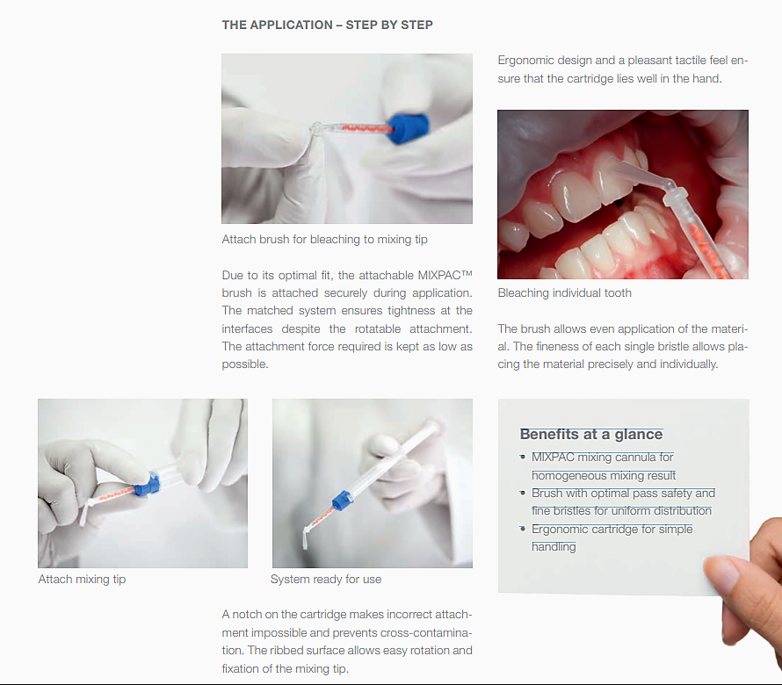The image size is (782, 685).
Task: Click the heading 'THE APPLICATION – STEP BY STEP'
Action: (327, 25)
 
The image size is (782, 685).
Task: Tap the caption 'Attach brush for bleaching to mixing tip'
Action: (324, 239)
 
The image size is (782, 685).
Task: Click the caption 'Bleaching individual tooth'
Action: (564, 292)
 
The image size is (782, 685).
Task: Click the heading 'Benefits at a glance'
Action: (590, 434)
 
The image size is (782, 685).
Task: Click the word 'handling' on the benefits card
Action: (554, 546)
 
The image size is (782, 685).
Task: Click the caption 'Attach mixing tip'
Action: (82, 580)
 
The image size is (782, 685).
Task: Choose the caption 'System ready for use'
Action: (325, 580)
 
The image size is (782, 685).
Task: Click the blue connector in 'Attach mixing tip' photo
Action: (148, 481)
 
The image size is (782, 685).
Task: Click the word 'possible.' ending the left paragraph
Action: (244, 364)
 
